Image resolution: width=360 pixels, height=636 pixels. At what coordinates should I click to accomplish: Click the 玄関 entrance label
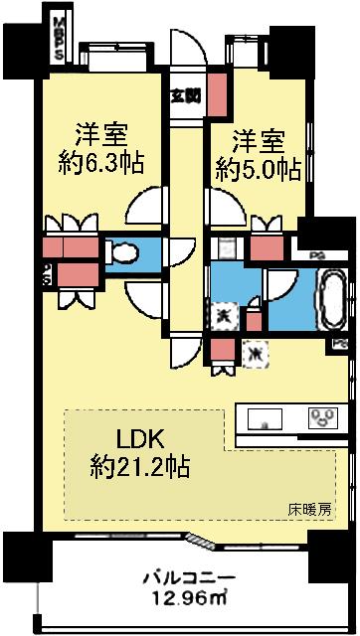(x=183, y=96)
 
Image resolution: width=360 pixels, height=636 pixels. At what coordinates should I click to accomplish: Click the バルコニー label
(x=188, y=577)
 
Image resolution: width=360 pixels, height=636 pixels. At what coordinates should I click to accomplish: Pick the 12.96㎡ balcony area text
(x=189, y=599)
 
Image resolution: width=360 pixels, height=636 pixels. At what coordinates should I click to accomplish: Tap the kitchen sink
(x=265, y=416)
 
